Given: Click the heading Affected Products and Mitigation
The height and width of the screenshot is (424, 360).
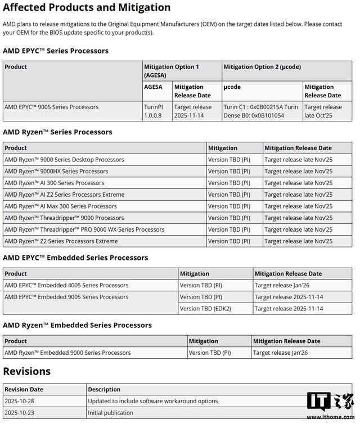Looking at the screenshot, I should pyautogui.click(x=87, y=8).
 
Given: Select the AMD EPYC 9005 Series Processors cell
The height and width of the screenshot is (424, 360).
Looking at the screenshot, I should pyautogui.click(x=51, y=107).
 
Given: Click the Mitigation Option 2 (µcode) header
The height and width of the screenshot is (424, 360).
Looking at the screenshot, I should pyautogui.click(x=262, y=67).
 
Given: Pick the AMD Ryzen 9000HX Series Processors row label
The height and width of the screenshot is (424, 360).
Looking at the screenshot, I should pyautogui.click(x=56, y=172).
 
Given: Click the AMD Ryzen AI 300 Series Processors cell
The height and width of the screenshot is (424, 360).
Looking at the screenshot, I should pyautogui.click(x=55, y=183).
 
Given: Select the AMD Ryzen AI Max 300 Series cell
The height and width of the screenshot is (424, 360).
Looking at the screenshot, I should pyautogui.click(x=61, y=206).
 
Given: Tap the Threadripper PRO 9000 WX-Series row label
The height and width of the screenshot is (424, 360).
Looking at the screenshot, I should pyautogui.click(x=84, y=229).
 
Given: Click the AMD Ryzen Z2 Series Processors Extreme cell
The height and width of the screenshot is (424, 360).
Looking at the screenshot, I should pyautogui.click(x=61, y=241).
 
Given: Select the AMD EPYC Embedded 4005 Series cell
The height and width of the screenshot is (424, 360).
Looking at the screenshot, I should pyautogui.click(x=66, y=285).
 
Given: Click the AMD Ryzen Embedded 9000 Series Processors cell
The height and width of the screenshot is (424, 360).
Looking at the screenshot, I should pyautogui.click(x=67, y=353).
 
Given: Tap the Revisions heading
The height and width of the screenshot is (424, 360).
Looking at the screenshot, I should pyautogui.click(x=27, y=371).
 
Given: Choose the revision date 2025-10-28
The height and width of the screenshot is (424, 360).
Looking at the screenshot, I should pyautogui.click(x=20, y=401).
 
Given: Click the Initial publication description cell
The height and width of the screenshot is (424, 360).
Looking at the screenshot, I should pyautogui.click(x=110, y=413).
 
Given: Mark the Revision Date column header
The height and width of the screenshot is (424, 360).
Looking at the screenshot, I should pyautogui.click(x=24, y=389).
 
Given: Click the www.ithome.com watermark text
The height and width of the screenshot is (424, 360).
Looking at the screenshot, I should pyautogui.click(x=330, y=418).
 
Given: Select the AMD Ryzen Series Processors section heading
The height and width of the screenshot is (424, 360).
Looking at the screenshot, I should pyautogui.click(x=57, y=132).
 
